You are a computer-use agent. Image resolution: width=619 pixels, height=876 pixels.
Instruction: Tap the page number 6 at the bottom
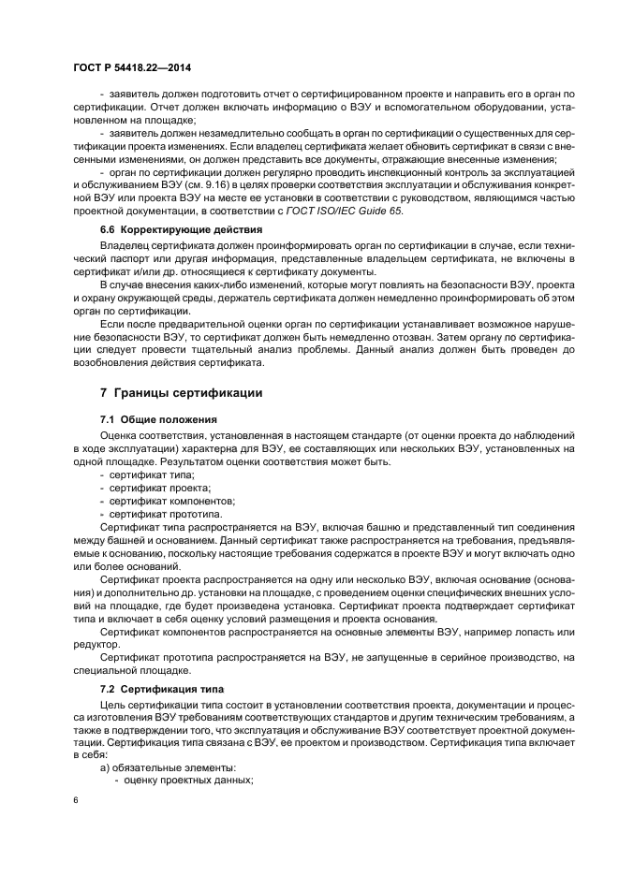click(76, 801)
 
